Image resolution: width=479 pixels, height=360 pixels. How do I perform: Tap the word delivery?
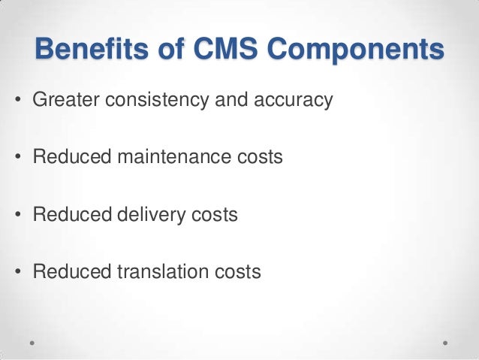pyautogui.click(x=158, y=215)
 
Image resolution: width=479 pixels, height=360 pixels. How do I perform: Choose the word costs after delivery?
pyautogui.click(x=214, y=215)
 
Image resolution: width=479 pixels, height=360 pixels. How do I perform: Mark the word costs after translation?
pyautogui.click(x=236, y=272)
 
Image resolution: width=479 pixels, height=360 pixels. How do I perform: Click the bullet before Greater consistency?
pyautogui.click(x=17, y=100)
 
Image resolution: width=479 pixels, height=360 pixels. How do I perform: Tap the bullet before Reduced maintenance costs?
pyautogui.click(x=17, y=158)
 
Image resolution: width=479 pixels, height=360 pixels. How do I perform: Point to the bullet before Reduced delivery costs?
pyautogui.click(x=17, y=216)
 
